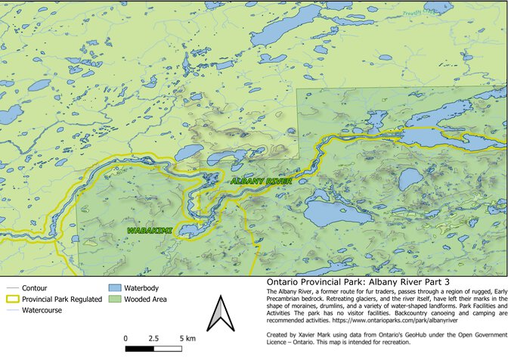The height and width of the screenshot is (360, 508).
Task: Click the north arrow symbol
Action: pyautogui.click(x=219, y=314)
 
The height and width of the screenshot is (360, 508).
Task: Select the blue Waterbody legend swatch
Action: pyautogui.click(x=115, y=288)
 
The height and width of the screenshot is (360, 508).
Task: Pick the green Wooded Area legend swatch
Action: pyautogui.click(x=115, y=299)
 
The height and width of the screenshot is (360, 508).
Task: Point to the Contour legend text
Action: pyautogui.click(x=35, y=288)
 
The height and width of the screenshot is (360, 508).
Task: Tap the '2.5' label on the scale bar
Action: pyautogui.click(x=153, y=337)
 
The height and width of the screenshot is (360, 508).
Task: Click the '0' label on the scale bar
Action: pyautogui.click(x=125, y=337)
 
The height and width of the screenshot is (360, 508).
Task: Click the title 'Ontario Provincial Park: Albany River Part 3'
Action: pyautogui.click(x=347, y=281)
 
